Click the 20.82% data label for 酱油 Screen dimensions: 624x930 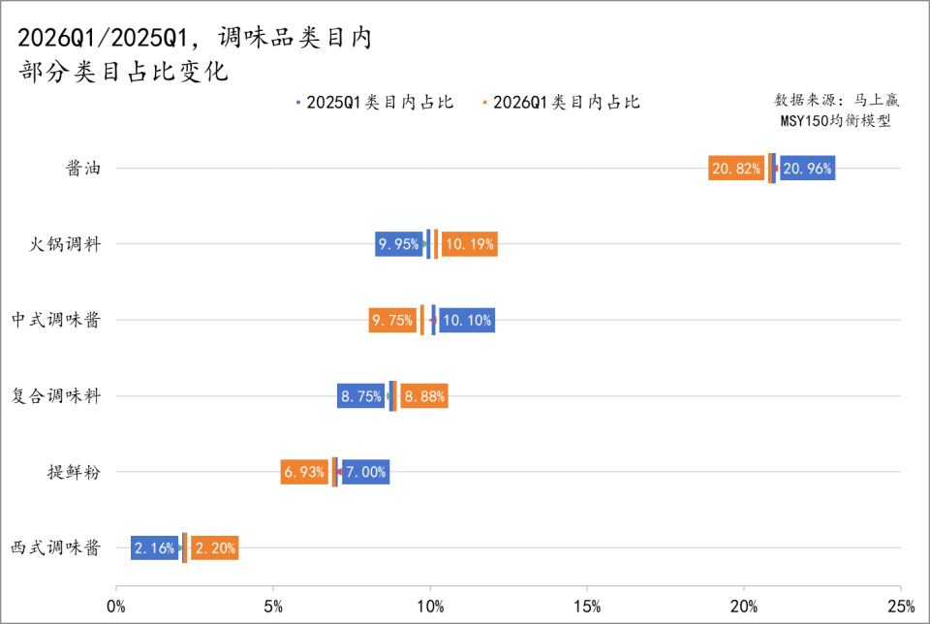[x=736, y=169]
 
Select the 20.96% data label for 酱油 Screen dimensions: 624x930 [x=806, y=169]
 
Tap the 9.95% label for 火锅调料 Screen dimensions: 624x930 [x=399, y=244]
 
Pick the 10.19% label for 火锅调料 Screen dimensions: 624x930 [x=469, y=244]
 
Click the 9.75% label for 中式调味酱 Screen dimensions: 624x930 [x=392, y=320]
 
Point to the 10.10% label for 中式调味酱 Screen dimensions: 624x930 [x=468, y=320]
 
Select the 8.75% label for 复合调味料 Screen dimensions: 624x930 [x=360, y=396]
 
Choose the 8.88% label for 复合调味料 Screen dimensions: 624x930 [x=425, y=396]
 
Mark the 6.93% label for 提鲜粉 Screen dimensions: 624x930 [x=304, y=473]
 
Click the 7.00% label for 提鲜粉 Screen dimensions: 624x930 [x=366, y=473]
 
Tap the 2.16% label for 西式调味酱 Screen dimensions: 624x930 [x=155, y=548]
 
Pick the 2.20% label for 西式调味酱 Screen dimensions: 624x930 [x=214, y=548]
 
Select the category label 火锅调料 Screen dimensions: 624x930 [x=65, y=244]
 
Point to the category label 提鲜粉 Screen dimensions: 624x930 [x=74, y=473]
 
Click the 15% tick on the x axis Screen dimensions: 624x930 [x=587, y=607]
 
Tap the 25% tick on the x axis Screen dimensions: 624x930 [x=900, y=607]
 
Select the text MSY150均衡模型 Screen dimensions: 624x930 [x=835, y=121]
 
